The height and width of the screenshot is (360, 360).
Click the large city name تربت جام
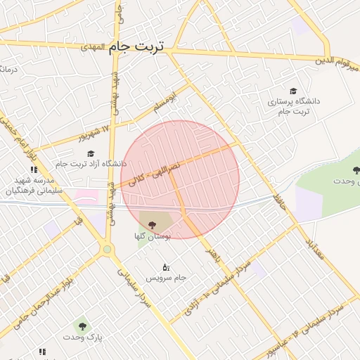(x=136, y=46)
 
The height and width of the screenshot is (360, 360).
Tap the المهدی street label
(x=92, y=47)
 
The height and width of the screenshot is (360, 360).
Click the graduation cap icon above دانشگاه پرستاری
(x=292, y=91)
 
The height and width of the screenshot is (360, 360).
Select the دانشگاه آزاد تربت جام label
(x=90, y=164)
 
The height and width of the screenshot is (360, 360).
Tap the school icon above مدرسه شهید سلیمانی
(x=34, y=169)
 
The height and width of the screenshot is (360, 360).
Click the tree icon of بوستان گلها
(x=153, y=224)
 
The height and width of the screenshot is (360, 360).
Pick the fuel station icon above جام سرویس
(x=166, y=267)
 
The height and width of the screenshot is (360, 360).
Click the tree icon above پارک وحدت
(x=82, y=326)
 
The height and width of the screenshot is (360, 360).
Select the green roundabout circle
(x=107, y=248)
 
